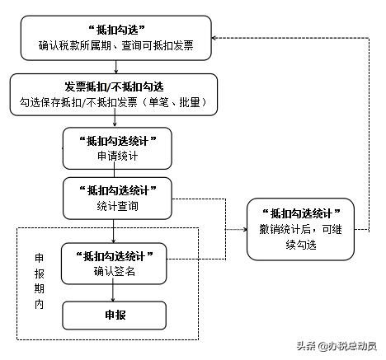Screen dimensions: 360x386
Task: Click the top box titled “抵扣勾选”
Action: click(116, 37)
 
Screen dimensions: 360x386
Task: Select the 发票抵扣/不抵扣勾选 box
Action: click(115, 94)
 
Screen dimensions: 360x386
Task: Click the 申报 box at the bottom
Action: click(115, 315)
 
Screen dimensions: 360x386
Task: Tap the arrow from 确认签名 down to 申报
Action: click(115, 292)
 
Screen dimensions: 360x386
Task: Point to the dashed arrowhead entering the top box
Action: click(216, 37)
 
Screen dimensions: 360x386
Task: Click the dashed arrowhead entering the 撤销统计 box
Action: click(245, 229)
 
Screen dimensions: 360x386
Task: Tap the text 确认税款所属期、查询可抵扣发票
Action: click(116, 46)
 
